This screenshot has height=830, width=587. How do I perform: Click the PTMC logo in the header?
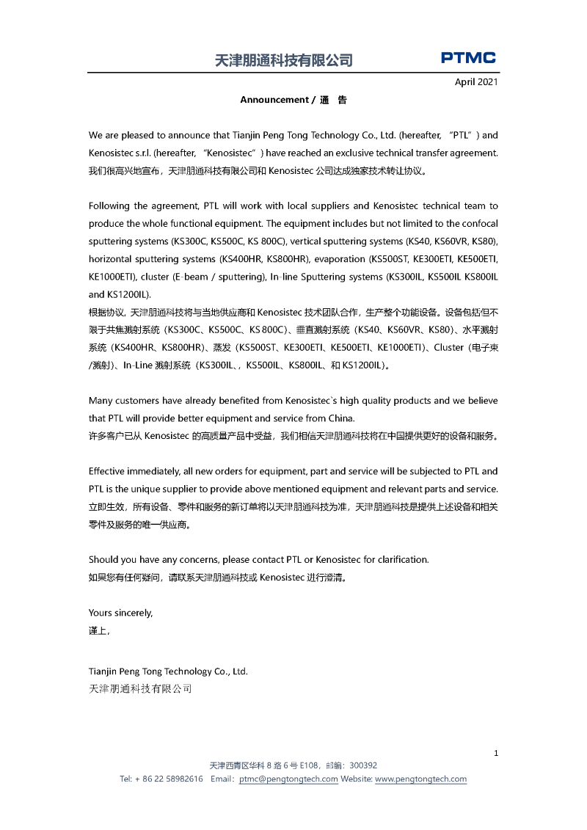(x=468, y=58)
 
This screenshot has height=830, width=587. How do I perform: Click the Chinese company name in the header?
(x=284, y=61)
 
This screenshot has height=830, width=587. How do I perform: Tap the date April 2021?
(x=476, y=82)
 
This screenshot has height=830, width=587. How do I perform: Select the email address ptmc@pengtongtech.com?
(x=288, y=779)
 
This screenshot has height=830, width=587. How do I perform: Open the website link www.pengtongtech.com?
(x=420, y=779)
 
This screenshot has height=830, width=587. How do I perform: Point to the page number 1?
(x=497, y=753)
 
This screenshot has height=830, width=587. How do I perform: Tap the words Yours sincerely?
(x=120, y=613)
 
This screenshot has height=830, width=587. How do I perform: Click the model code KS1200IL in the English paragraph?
(x=128, y=294)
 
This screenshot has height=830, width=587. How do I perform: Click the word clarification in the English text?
(x=403, y=560)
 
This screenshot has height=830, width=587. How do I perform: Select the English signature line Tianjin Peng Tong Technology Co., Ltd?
(x=168, y=671)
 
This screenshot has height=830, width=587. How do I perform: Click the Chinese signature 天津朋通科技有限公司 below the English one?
(x=140, y=688)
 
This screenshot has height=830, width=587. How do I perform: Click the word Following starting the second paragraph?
(x=111, y=206)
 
